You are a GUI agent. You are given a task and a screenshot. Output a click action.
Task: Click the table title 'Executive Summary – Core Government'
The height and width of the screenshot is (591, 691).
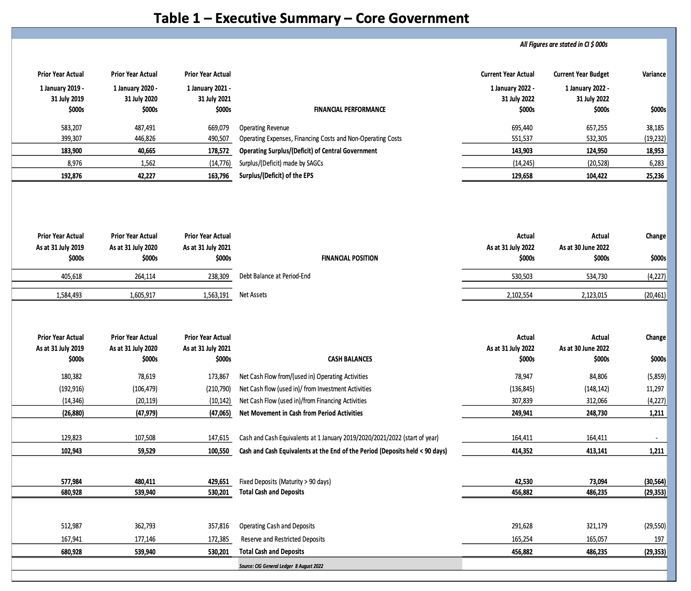point(311,18)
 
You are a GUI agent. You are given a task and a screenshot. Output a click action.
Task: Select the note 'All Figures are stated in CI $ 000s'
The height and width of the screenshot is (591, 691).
point(563,44)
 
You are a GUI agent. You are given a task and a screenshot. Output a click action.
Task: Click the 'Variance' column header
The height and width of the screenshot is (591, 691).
point(654,74)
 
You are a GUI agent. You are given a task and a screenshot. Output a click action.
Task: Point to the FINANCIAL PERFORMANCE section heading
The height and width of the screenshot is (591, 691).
point(349,109)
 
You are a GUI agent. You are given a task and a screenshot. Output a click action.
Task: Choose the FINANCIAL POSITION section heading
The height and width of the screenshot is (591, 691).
point(349,258)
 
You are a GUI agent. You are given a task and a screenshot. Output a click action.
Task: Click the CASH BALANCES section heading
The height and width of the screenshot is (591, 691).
point(349,359)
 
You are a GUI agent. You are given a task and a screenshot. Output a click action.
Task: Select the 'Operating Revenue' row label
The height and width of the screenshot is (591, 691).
point(264,128)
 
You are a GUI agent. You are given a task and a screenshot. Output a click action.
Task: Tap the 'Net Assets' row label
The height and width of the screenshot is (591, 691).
point(253,295)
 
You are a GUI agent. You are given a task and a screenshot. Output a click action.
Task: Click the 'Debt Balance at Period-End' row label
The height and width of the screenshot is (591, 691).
point(275,276)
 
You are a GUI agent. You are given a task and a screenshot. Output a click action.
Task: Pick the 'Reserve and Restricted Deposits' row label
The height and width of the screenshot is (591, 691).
point(282,539)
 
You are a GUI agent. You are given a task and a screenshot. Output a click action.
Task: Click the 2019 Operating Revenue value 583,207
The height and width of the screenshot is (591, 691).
point(72,128)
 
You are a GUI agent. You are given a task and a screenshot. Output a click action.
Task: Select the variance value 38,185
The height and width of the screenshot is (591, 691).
point(655,128)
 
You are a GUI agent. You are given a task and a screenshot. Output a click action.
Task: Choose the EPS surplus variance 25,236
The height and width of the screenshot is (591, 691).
point(655,176)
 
